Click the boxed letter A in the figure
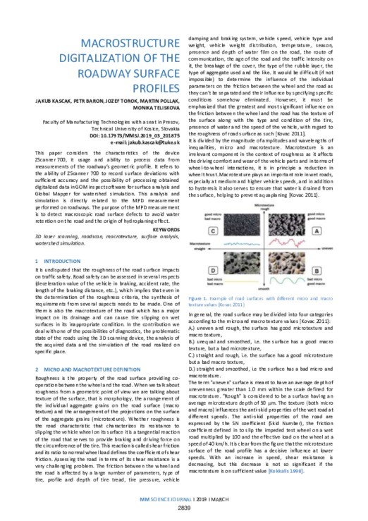point(317,231)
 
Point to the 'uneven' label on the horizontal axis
point(326,248)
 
